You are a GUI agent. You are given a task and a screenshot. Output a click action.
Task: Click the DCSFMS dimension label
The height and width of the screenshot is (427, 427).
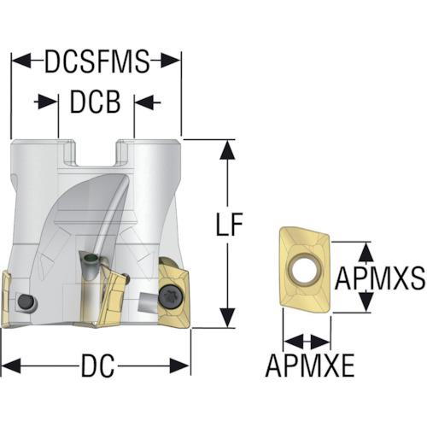point(97,61)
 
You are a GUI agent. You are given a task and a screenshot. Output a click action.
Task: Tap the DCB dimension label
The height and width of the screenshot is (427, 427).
point(95,102)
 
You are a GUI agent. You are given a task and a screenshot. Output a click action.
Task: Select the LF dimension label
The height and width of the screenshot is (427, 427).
point(229,224)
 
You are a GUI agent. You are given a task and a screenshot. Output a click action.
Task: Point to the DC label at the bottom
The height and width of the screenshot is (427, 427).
point(97,366)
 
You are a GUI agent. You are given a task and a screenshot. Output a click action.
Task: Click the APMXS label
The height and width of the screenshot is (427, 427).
point(380,278)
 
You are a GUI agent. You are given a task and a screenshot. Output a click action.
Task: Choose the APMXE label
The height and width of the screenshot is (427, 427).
point(310,366)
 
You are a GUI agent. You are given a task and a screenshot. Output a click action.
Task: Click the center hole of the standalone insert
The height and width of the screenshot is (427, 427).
point(305,267)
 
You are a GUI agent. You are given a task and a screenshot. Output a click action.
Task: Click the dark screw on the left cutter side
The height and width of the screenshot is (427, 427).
point(26,301)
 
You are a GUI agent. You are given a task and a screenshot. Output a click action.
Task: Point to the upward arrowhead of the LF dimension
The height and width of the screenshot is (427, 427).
point(227,149)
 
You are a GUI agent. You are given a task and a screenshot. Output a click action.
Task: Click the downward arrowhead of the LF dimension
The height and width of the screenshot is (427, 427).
point(227,318)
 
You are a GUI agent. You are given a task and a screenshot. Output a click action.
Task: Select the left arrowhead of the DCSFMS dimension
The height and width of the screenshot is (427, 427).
point(21,61)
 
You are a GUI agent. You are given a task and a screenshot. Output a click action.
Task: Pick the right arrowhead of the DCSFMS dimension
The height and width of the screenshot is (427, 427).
point(171,61)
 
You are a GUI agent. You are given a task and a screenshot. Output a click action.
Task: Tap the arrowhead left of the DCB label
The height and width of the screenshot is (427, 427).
point(48,102)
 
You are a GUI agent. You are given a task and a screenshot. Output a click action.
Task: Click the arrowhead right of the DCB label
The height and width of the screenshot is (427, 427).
point(144,102)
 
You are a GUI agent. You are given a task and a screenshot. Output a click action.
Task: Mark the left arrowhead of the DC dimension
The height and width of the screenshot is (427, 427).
point(11,366)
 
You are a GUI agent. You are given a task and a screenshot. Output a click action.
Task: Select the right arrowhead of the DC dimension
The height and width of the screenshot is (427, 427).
point(180,366)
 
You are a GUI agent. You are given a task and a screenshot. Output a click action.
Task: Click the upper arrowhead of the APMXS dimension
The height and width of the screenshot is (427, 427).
point(366,252)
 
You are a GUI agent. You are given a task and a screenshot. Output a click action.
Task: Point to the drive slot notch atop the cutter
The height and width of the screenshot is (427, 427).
point(96,153)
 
